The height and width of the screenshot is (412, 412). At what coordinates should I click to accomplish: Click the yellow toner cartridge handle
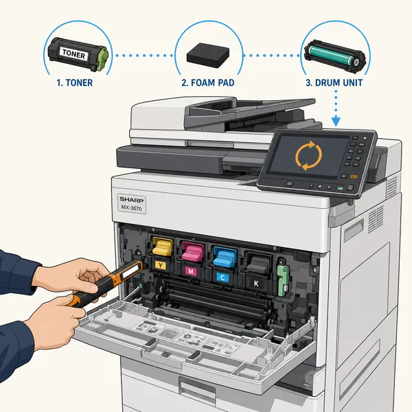(163, 247)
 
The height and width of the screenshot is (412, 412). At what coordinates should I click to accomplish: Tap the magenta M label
(191, 271)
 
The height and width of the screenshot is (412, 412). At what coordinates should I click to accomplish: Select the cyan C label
(222, 277)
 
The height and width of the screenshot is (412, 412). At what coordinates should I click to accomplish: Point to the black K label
(255, 284)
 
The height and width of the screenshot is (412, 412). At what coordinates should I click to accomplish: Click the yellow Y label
(160, 265)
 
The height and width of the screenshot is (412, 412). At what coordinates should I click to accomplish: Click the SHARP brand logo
(132, 200)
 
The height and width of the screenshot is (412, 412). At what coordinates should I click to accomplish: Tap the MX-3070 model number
(131, 208)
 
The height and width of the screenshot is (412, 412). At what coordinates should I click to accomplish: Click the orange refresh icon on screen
(308, 156)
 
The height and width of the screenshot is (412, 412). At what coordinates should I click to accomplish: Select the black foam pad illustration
(208, 56)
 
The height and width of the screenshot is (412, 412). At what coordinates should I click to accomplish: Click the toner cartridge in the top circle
(78, 54)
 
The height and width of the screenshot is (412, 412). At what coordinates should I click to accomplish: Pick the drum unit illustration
(335, 56)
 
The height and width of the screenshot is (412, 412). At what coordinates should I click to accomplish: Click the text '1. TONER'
(75, 83)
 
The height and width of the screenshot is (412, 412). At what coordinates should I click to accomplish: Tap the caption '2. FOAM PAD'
(208, 83)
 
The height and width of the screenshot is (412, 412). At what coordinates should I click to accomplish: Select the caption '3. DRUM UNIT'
(334, 83)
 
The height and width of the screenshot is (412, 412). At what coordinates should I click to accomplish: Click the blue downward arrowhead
(336, 122)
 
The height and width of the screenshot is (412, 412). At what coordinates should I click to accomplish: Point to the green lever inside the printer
(284, 280)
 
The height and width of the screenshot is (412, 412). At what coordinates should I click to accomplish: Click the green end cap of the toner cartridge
(102, 59)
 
